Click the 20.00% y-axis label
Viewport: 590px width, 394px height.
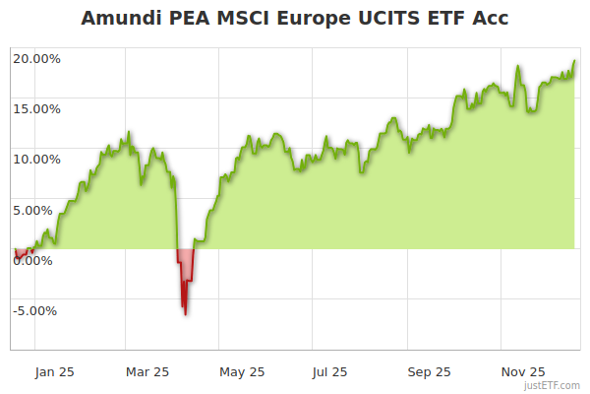click(x=36, y=58)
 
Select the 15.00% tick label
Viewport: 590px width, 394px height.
click(x=36, y=108)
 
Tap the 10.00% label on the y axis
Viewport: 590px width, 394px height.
click(x=36, y=159)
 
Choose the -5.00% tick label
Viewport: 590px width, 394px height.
click(x=37, y=310)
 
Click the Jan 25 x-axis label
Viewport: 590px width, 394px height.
click(x=54, y=371)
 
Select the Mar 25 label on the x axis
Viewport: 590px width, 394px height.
click(x=147, y=371)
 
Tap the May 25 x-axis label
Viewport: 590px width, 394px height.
click(x=242, y=371)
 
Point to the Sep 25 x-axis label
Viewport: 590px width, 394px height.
click(x=429, y=371)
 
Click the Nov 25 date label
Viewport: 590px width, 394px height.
click(x=522, y=371)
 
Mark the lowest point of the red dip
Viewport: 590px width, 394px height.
click(x=185, y=315)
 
